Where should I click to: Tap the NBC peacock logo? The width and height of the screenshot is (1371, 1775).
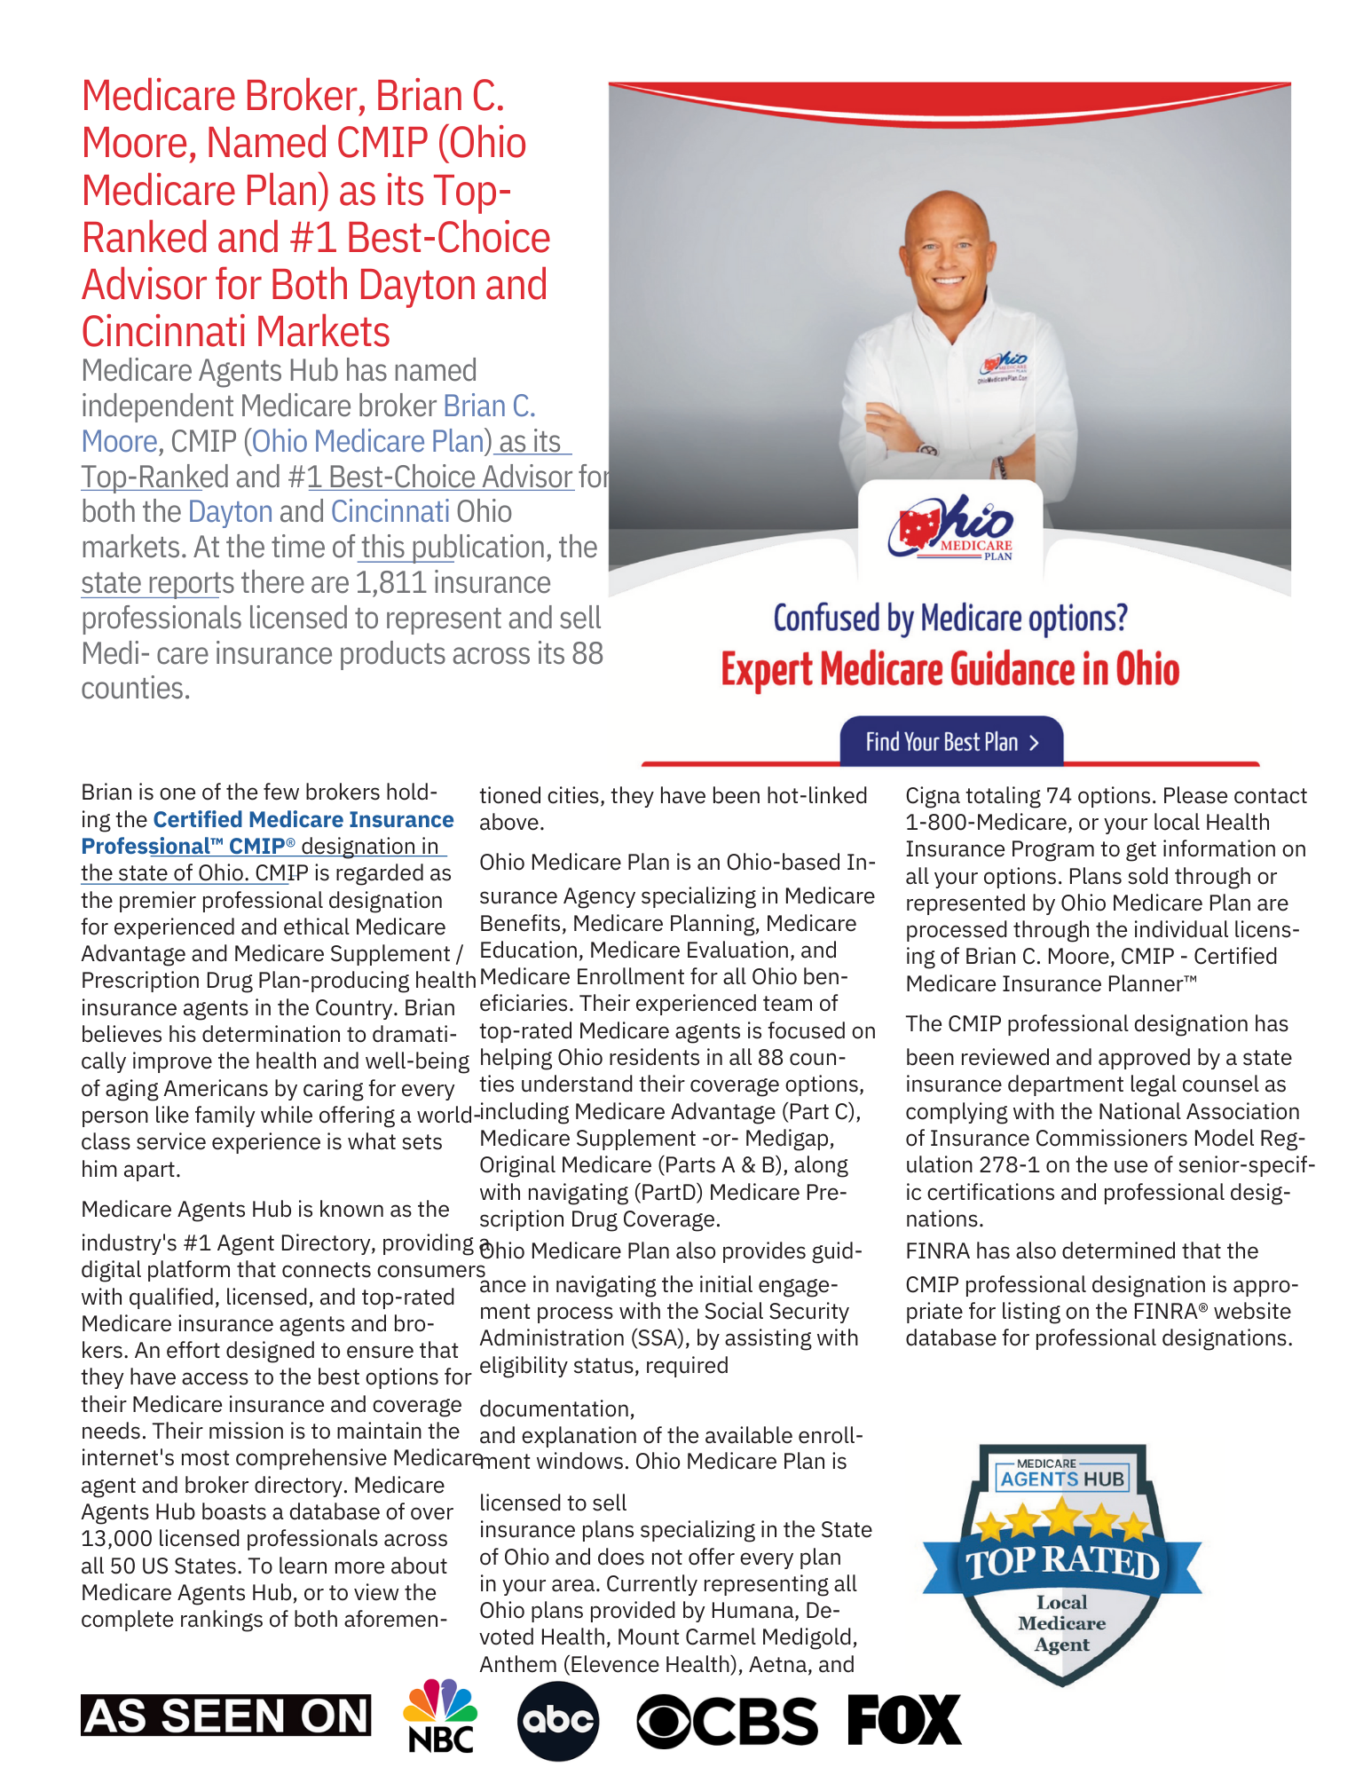[440, 1716]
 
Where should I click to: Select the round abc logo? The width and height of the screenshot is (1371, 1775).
[557, 1721]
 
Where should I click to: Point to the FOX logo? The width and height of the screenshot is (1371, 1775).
[903, 1720]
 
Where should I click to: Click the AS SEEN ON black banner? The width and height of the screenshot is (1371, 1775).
[226, 1716]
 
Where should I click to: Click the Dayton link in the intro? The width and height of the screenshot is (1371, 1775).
[230, 512]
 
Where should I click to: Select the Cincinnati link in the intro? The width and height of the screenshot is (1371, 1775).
[390, 512]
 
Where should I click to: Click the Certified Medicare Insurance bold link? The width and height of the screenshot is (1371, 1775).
[303, 819]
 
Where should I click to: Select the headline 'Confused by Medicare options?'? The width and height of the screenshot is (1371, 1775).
[949, 618]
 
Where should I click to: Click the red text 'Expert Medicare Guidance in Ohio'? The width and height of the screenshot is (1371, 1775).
[949, 669]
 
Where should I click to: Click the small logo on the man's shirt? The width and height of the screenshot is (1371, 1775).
[1003, 367]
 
